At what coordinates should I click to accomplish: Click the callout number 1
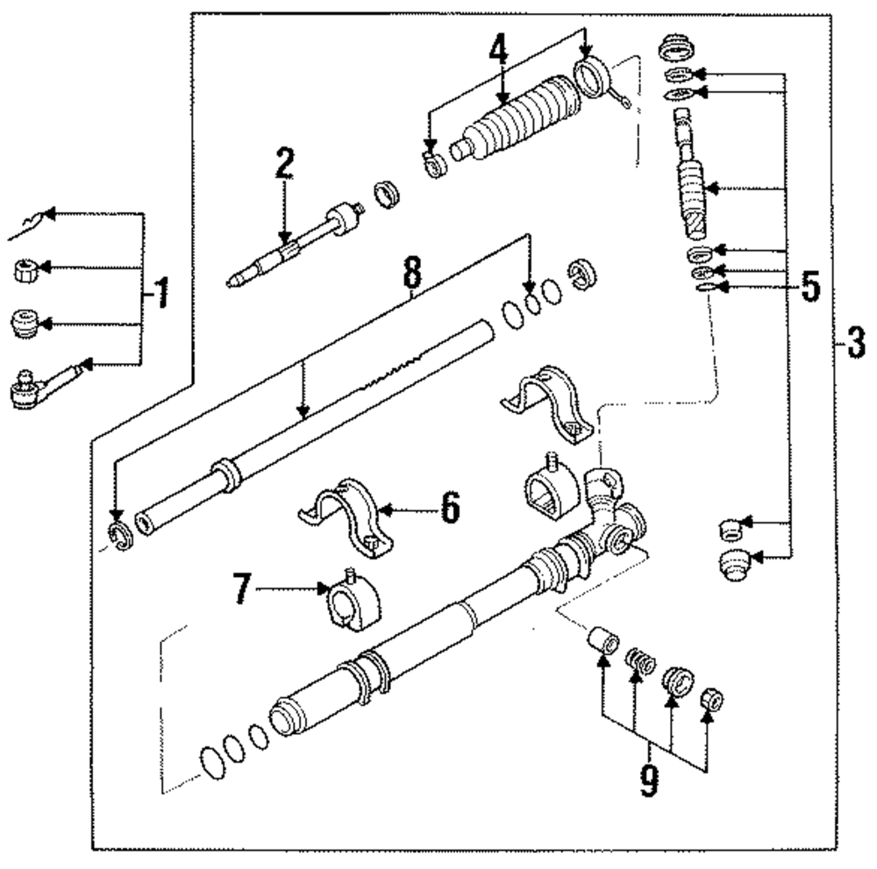coord(161,293)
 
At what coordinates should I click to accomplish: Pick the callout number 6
coord(449,508)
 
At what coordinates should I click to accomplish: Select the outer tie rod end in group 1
coord(44,384)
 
